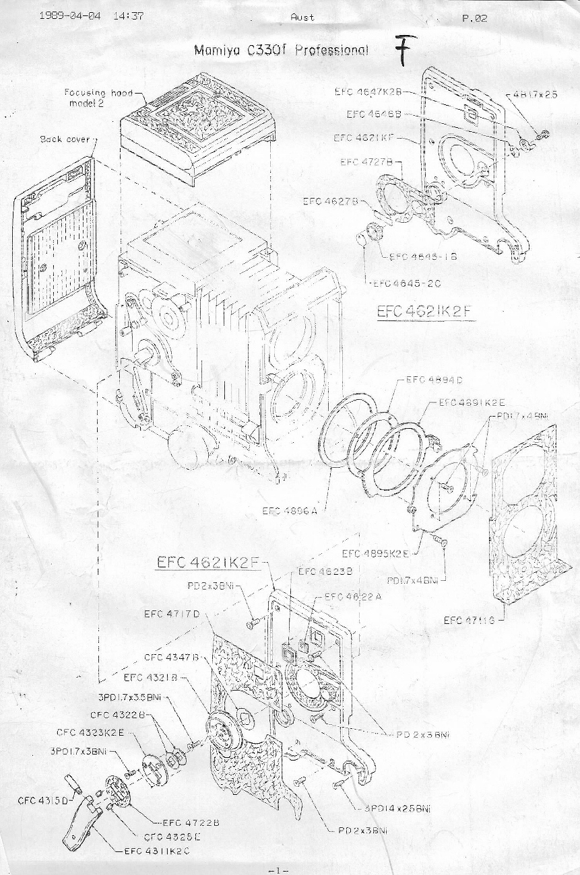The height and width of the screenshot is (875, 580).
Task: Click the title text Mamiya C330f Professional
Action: tap(281, 50)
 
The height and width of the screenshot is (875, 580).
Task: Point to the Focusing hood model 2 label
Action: tap(98, 97)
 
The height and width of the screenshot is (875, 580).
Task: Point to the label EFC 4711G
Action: tap(469, 620)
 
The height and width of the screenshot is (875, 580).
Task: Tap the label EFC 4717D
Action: tap(172, 613)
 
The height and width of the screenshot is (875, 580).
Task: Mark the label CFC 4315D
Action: tap(40, 801)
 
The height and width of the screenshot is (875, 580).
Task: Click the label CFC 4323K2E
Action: tap(90, 732)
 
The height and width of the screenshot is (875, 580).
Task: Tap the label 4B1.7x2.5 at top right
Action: tap(535, 95)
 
